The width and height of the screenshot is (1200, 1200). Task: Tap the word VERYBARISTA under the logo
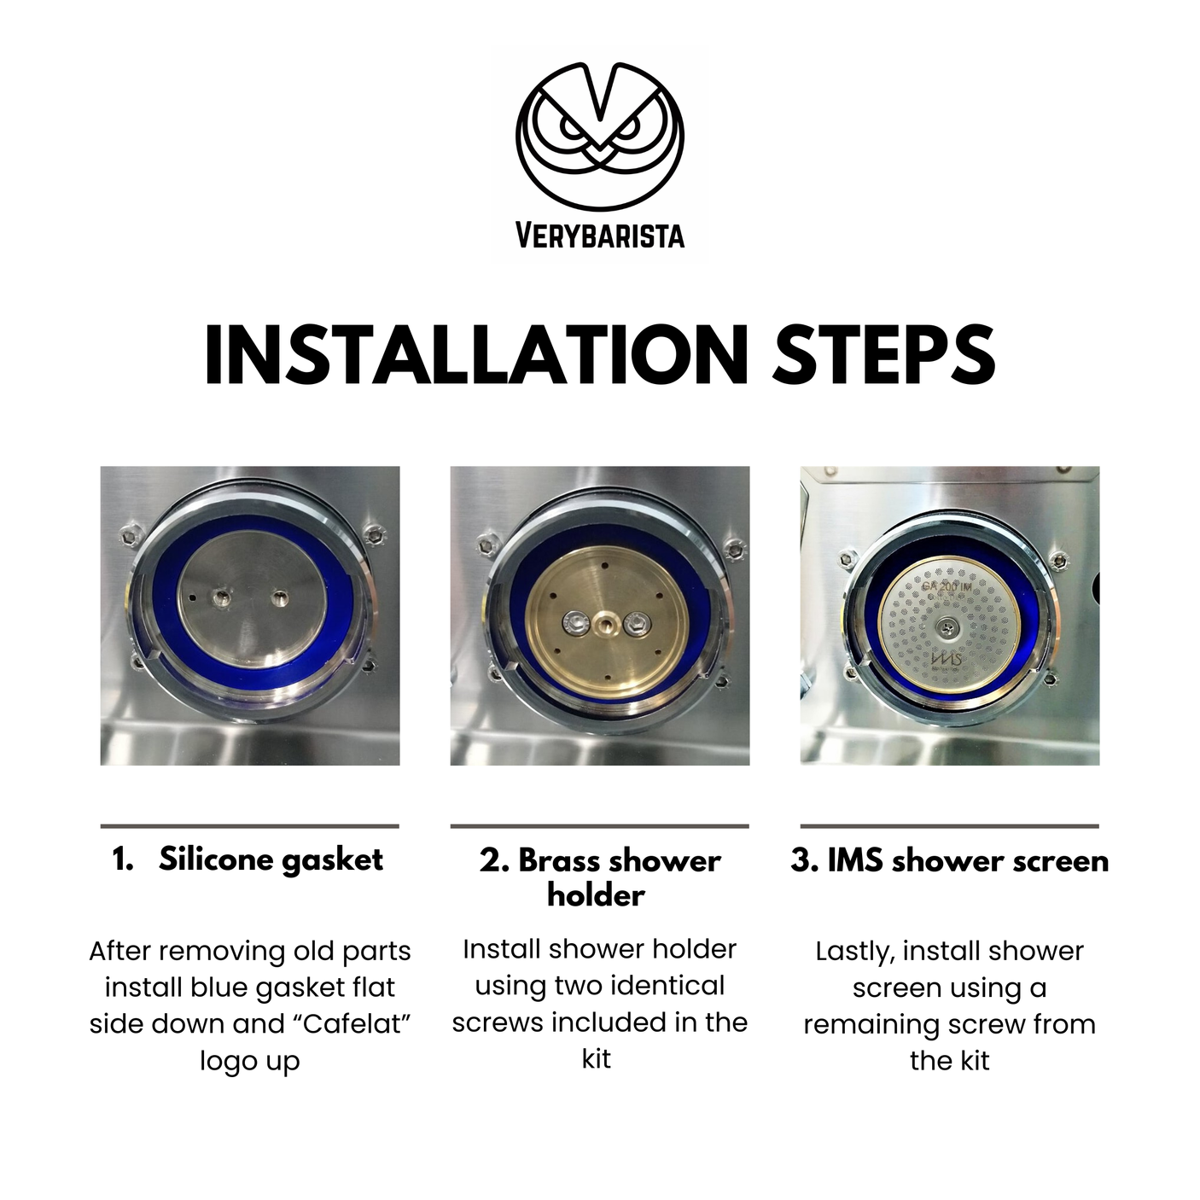click(x=600, y=236)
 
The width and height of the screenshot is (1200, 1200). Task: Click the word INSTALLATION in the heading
click(x=476, y=356)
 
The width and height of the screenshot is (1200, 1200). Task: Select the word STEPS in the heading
click(x=884, y=356)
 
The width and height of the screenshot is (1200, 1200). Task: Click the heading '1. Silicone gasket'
click(x=248, y=860)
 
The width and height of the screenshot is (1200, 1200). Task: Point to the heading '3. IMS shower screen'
click(x=950, y=860)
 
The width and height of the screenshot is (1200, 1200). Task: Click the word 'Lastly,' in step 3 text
click(x=854, y=952)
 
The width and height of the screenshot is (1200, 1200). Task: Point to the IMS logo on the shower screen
click(x=946, y=660)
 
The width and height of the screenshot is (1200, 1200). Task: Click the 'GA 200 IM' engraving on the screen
click(x=947, y=586)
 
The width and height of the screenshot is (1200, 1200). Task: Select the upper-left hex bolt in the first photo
click(x=128, y=534)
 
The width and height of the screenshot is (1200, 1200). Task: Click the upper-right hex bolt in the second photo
click(x=734, y=548)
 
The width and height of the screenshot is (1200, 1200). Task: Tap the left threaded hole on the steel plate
click(x=219, y=597)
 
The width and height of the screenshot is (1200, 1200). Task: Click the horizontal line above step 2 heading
click(x=600, y=826)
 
